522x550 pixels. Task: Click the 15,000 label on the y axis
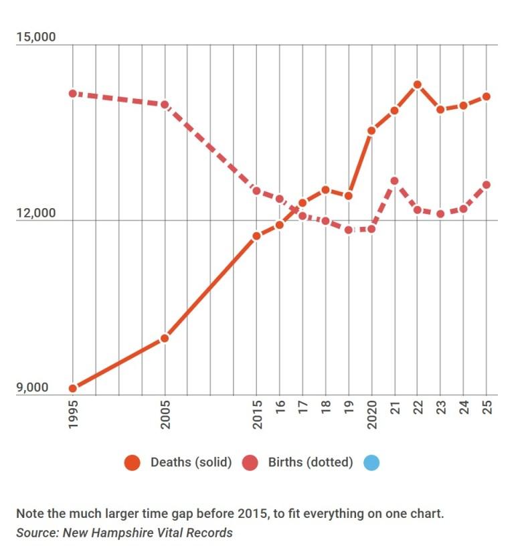(x=36, y=36)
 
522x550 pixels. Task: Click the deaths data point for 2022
(x=418, y=85)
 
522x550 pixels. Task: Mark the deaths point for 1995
(x=73, y=388)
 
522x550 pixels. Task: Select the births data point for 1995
(x=73, y=94)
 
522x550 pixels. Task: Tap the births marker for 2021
(x=395, y=181)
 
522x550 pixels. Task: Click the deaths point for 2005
(x=165, y=339)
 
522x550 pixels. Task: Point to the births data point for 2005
(x=165, y=104)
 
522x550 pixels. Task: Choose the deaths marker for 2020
(x=371, y=130)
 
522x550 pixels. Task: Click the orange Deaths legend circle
(x=133, y=462)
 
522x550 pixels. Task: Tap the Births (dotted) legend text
(x=311, y=462)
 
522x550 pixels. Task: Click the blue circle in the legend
(x=371, y=462)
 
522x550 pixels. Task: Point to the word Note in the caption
(x=30, y=514)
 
